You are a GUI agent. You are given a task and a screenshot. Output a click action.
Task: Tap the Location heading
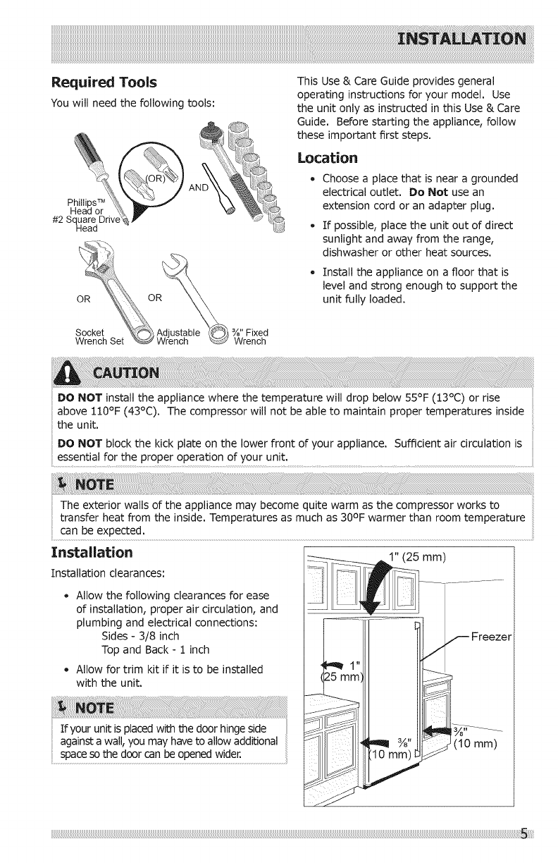click(328, 156)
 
